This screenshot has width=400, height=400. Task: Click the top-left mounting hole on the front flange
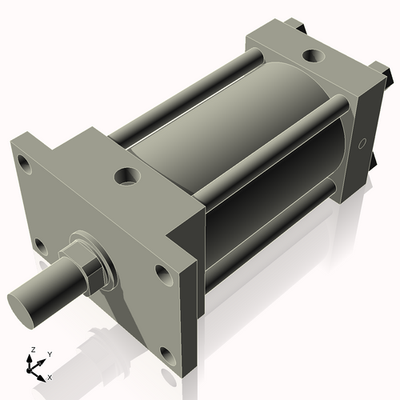click(x=25, y=166)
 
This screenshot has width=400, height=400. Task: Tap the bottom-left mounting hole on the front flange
click(x=39, y=244)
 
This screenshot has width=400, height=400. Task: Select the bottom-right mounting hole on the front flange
click(x=166, y=354)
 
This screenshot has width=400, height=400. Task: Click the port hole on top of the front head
click(x=126, y=174)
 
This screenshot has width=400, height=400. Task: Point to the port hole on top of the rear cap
click(x=311, y=58)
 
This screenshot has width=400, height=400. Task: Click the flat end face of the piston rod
click(x=23, y=306)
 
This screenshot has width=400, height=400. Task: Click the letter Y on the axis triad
click(x=49, y=354)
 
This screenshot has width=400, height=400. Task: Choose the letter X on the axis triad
click(x=50, y=376)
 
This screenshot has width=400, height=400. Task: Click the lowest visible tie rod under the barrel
click(x=264, y=235)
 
